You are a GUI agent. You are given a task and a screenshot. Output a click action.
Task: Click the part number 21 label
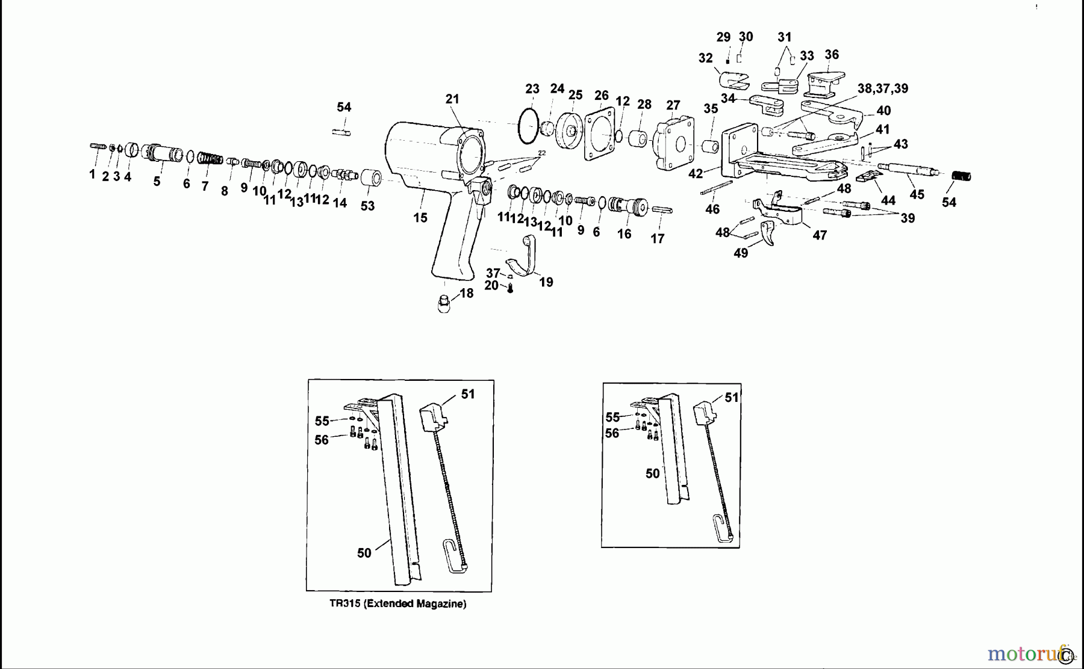(452, 99)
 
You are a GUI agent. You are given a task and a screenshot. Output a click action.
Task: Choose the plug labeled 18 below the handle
(444, 303)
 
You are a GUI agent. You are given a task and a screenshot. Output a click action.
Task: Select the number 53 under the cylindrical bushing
(367, 206)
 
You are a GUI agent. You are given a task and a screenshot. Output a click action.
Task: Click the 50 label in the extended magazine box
(364, 553)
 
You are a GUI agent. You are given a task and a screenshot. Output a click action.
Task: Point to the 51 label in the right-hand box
(732, 398)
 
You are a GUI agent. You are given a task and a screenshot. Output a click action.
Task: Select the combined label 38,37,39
(883, 88)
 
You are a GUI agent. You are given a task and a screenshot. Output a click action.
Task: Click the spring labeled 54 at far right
(962, 176)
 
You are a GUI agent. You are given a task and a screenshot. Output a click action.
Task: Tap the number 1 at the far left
(92, 174)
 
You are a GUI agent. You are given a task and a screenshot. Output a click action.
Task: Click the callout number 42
(696, 173)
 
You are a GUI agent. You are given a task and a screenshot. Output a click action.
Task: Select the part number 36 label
(831, 55)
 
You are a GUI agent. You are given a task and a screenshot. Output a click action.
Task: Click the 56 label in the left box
(322, 440)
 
